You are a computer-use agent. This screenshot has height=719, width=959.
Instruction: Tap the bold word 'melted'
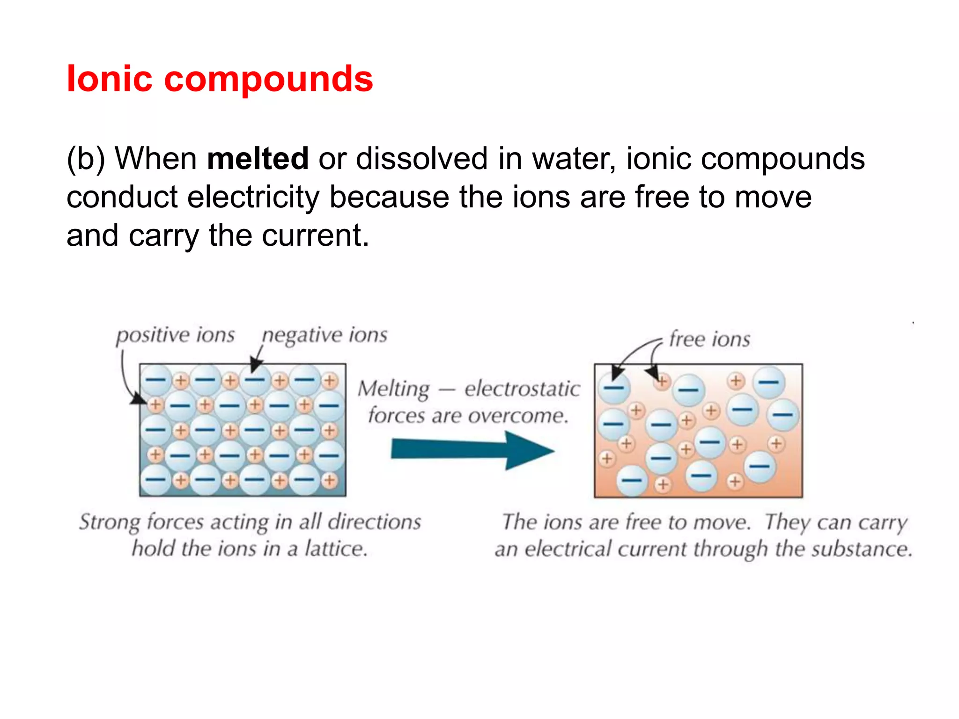click(x=258, y=159)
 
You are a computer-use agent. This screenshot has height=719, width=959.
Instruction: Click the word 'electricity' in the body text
click(x=253, y=197)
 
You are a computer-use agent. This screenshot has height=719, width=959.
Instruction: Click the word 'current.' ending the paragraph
click(x=315, y=235)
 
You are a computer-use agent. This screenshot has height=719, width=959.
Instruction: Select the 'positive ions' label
click(x=175, y=336)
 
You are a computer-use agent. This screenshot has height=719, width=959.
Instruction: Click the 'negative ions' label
click(x=325, y=336)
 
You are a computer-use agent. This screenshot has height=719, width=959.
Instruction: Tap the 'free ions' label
click(x=709, y=339)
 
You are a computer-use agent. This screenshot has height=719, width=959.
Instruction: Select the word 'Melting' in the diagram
click(x=393, y=389)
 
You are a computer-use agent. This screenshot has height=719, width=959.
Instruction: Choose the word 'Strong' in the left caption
click(x=109, y=522)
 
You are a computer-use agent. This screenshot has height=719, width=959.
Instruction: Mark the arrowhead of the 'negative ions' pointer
click(x=255, y=366)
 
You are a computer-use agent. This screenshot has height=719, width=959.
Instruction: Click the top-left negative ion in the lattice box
click(x=156, y=380)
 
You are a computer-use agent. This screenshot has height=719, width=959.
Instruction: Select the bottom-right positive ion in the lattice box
click(x=330, y=480)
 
